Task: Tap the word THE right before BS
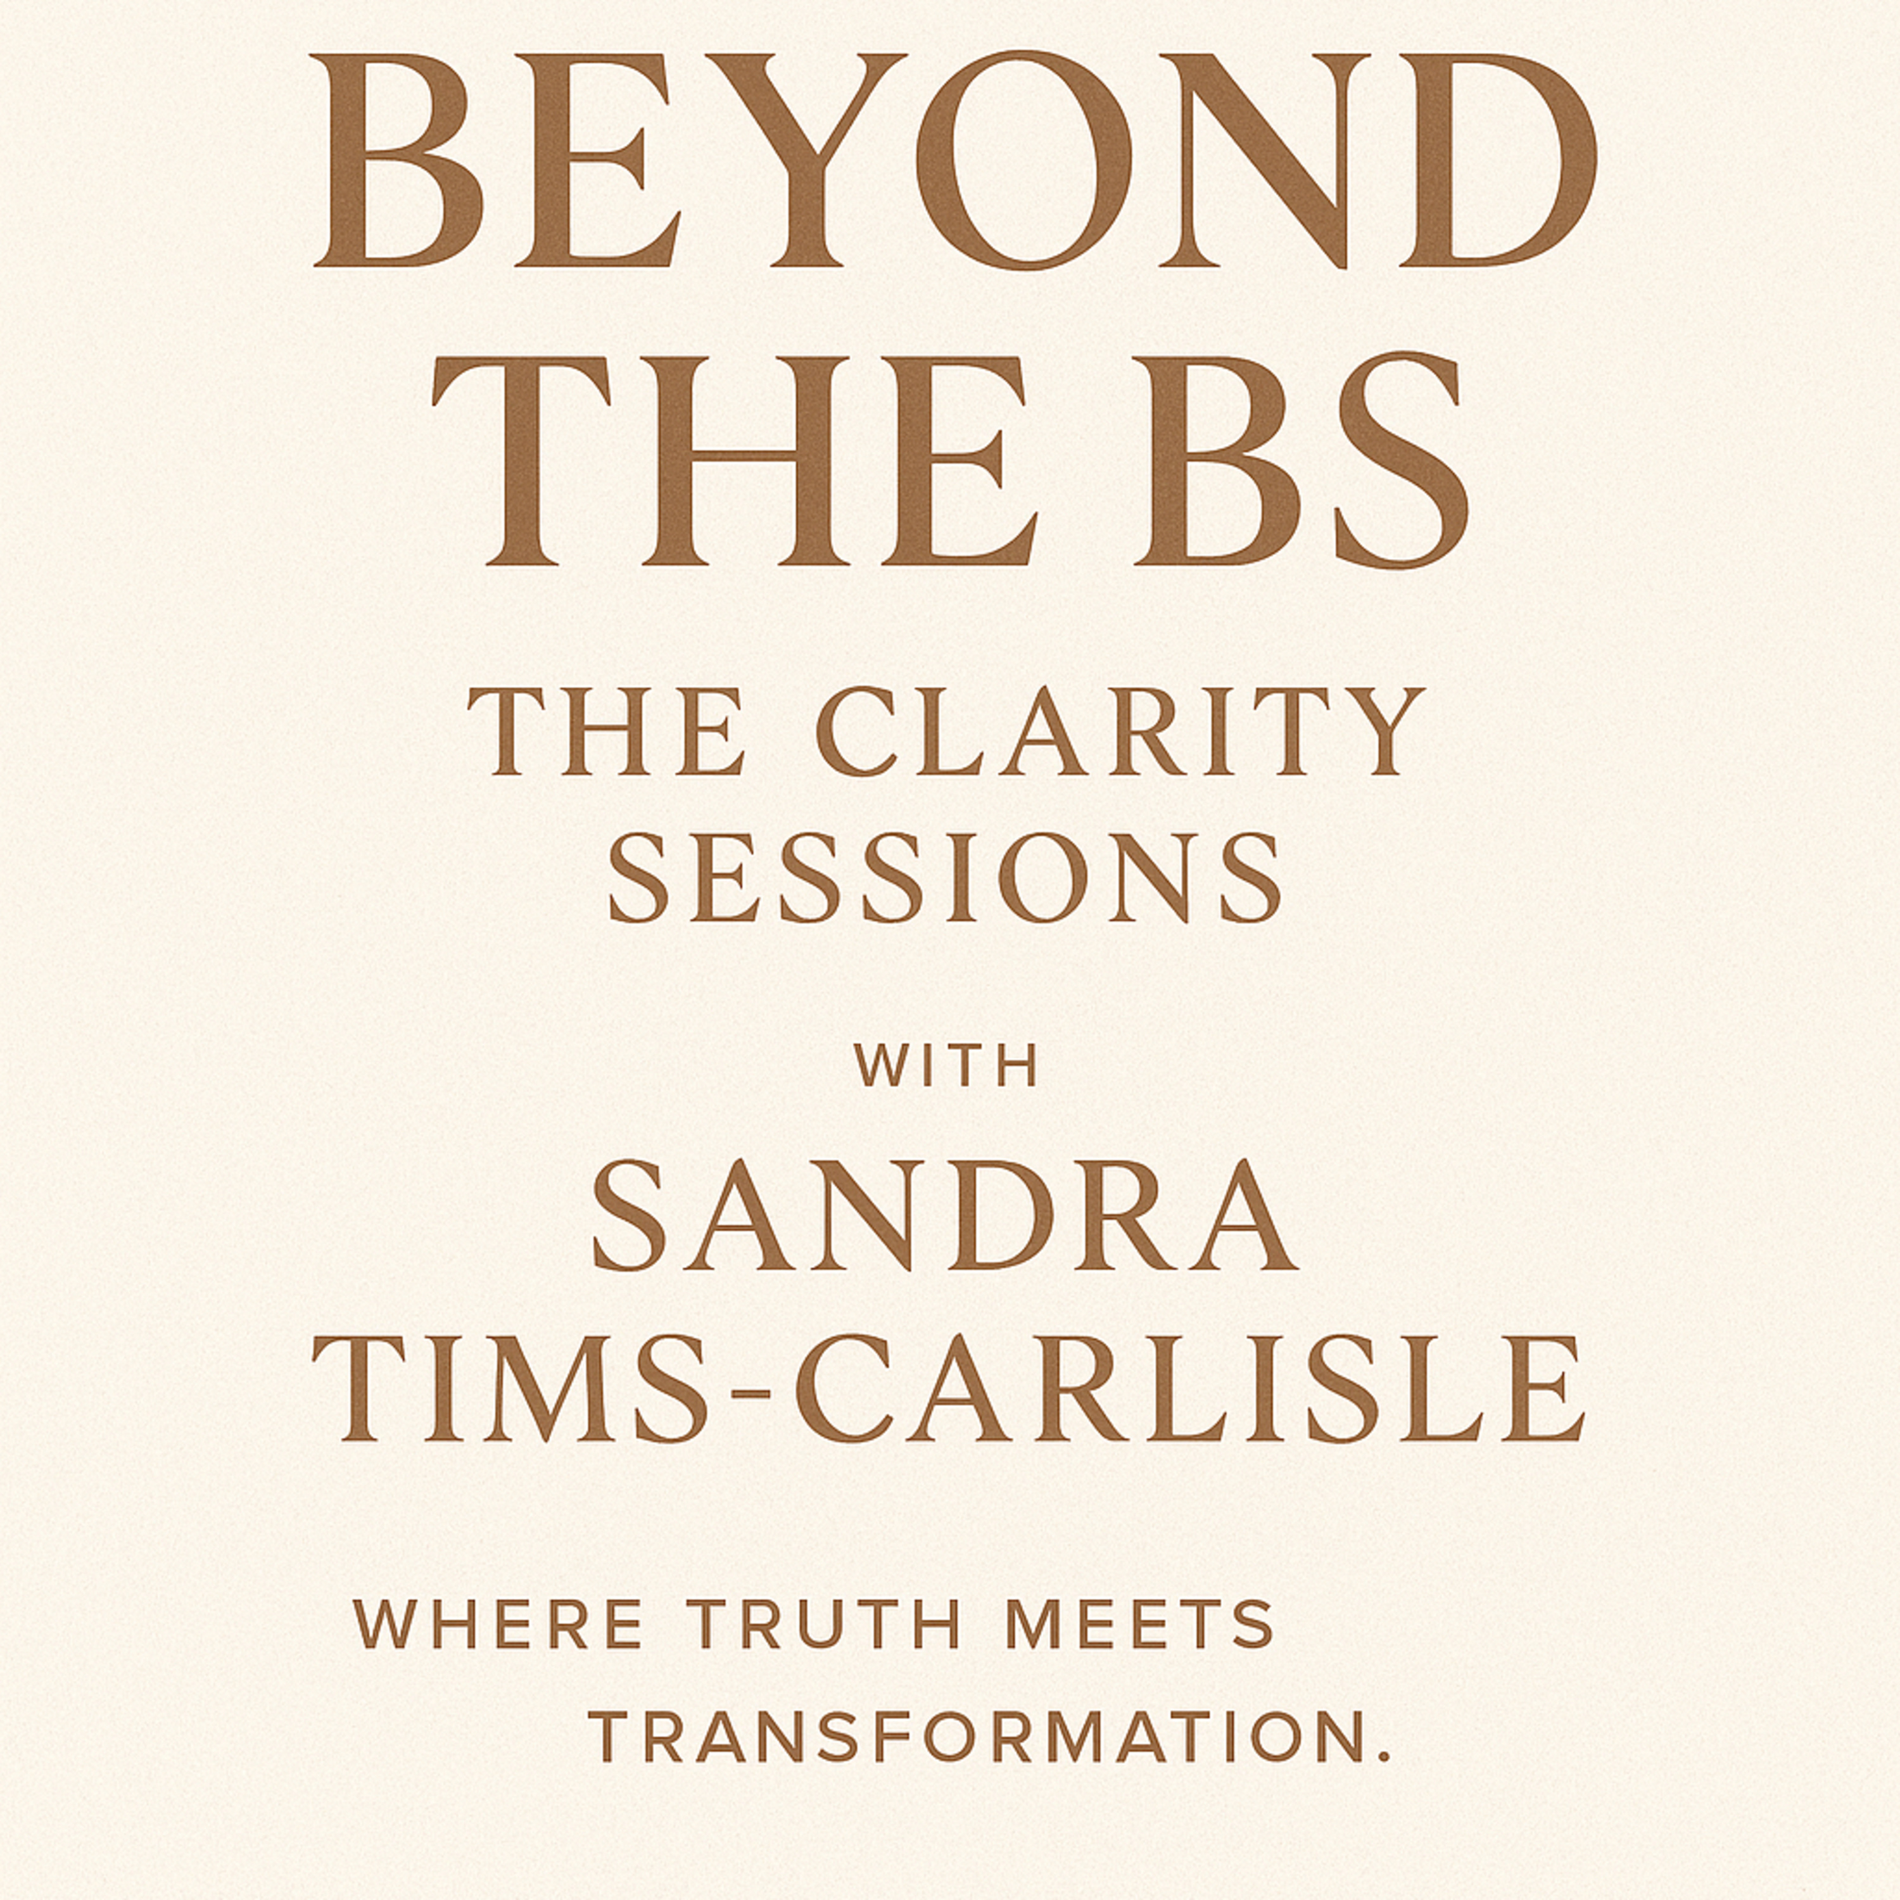pyautogui.click(x=735, y=460)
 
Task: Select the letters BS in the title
pyautogui.click(x=1301, y=460)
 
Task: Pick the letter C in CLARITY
pyautogui.click(x=859, y=731)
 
